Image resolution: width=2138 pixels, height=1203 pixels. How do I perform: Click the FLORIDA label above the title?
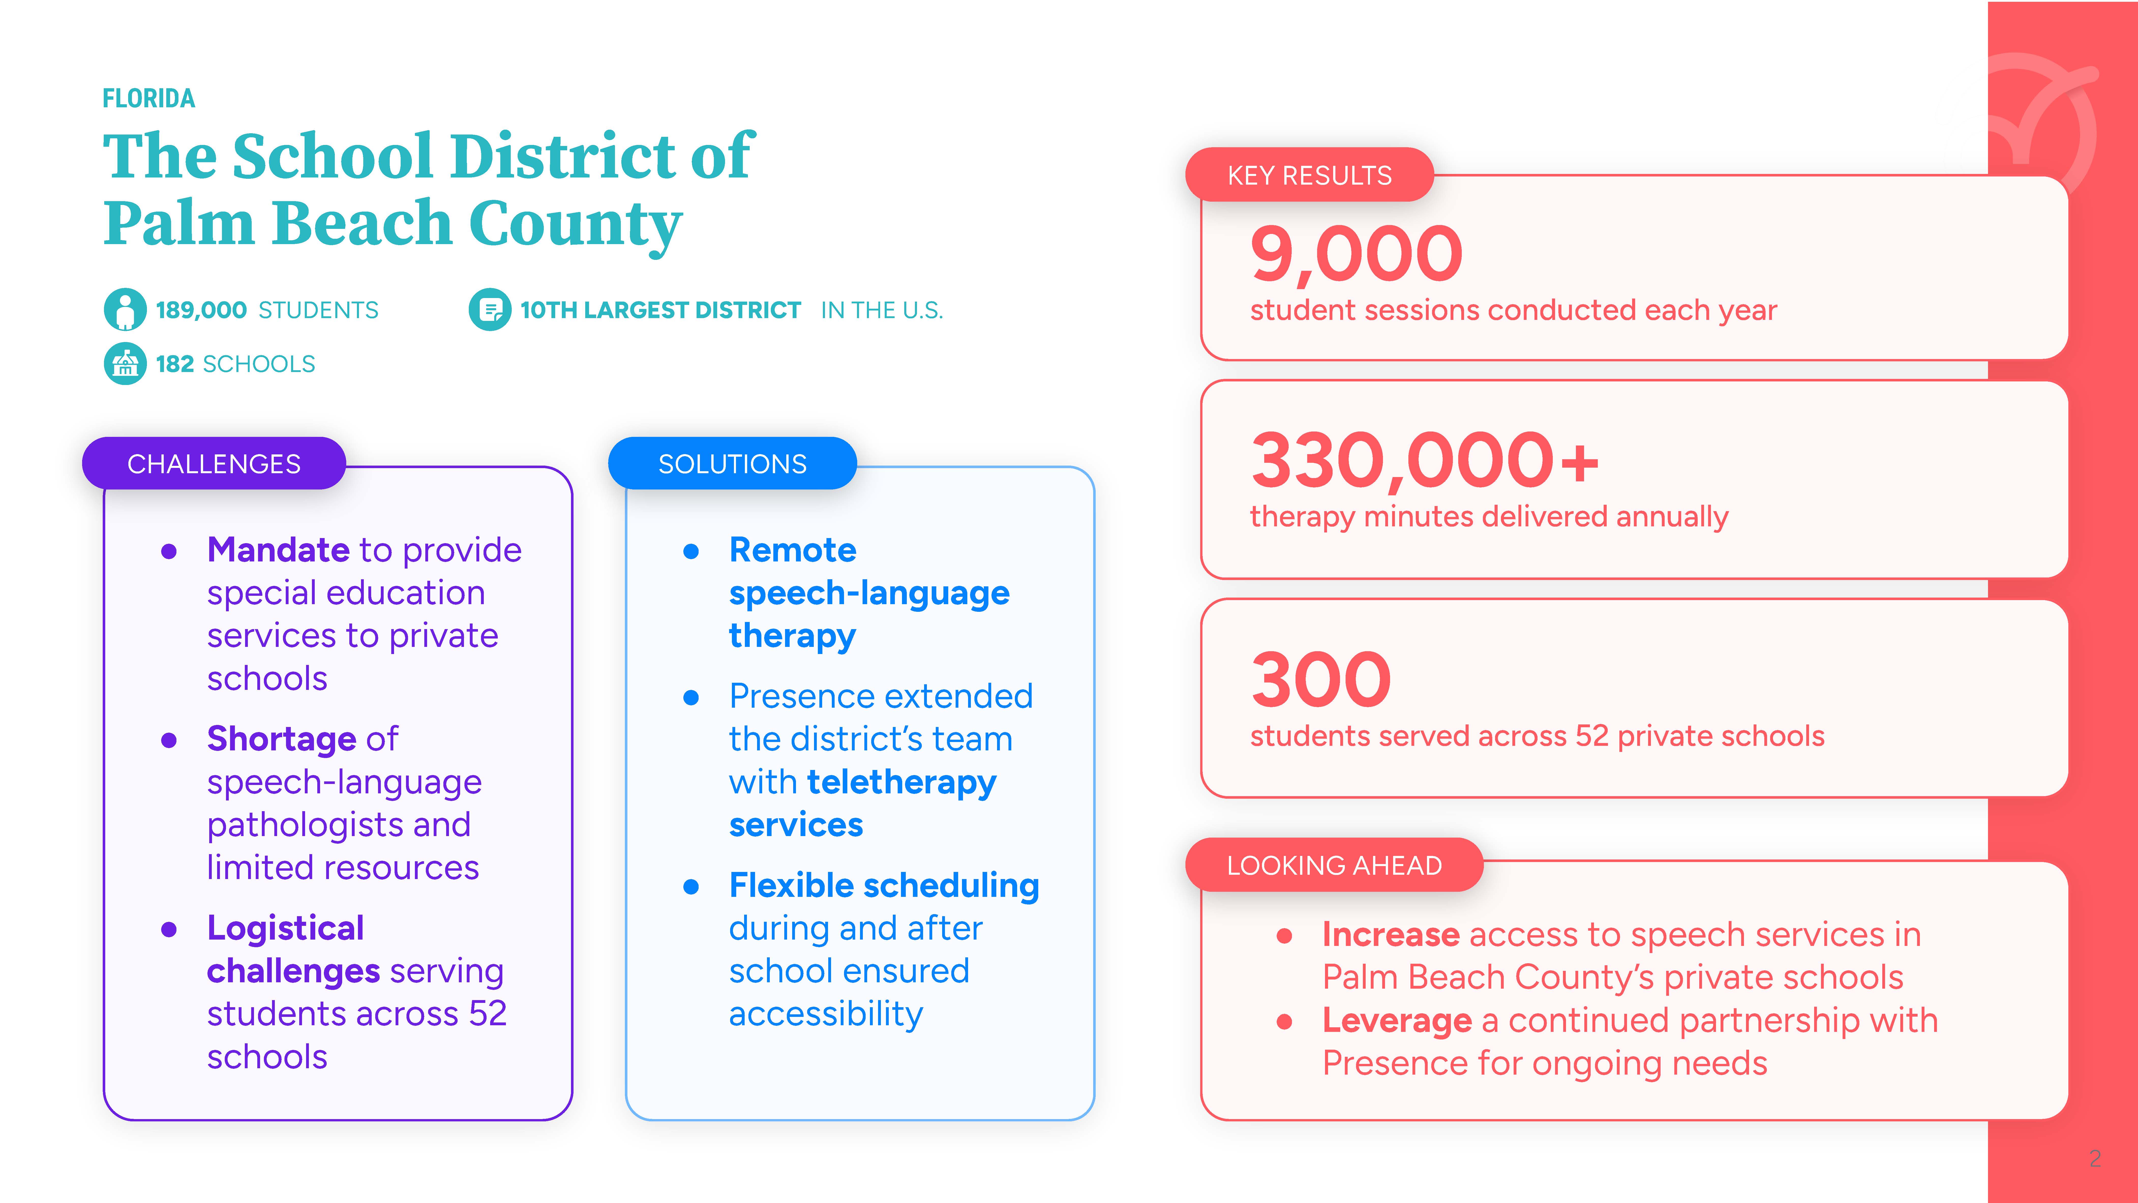pos(148,99)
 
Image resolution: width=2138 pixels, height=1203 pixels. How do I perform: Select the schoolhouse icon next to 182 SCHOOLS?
pos(125,364)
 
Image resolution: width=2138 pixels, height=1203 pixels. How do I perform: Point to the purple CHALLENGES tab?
pos(214,463)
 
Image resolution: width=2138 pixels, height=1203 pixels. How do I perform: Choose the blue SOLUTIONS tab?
pos(732,463)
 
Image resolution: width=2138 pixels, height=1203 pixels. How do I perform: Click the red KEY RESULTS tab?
pos(1310,175)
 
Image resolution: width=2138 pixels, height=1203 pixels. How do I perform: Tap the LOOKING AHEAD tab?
pos(1335,865)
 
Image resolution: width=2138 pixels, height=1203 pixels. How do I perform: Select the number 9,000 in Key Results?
pos(1356,254)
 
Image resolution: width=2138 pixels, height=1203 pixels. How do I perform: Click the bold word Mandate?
pos(278,549)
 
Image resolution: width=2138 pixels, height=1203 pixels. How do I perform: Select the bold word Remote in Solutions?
pos(793,549)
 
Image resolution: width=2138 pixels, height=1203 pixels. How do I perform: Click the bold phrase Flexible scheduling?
pos(884,886)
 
